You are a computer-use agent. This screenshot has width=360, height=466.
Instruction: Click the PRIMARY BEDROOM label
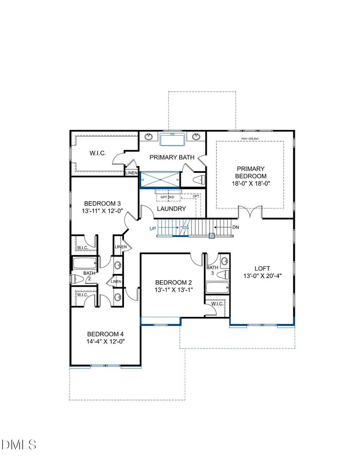250,172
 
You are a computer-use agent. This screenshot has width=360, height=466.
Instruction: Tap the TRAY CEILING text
250,139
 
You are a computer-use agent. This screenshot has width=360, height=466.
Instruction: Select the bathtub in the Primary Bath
172,140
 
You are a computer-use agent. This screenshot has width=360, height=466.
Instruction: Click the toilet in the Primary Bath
199,179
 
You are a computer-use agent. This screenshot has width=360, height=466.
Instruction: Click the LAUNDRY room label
171,208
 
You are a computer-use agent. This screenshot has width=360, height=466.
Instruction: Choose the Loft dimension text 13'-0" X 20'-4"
262,276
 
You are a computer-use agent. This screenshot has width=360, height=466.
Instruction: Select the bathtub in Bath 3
217,288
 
